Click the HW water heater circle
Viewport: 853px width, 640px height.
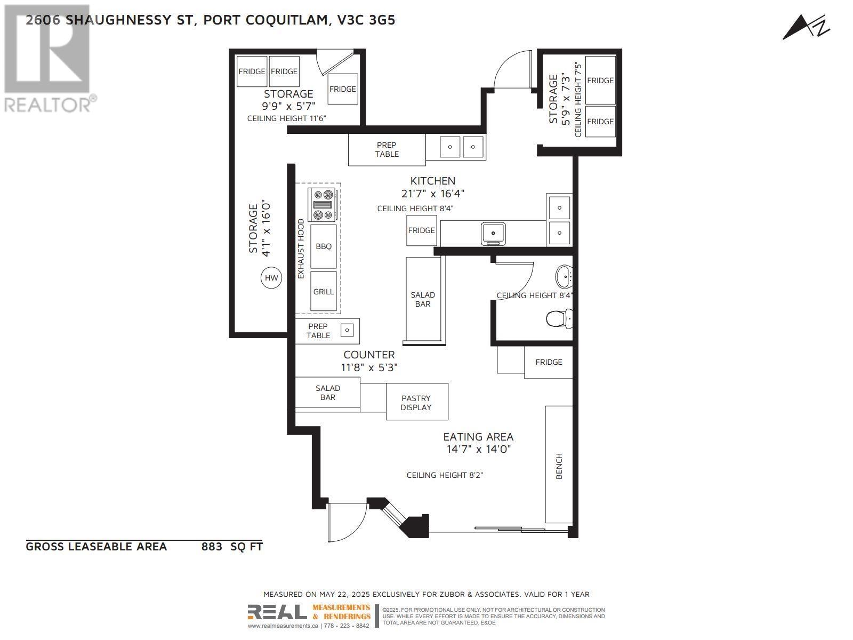click(271, 278)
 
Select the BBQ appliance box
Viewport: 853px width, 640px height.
click(323, 246)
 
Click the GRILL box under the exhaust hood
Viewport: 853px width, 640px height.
click(323, 291)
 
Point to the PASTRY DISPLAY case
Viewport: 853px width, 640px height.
click(416, 402)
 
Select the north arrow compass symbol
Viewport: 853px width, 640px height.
click(806, 27)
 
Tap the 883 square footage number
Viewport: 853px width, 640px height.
click(212, 547)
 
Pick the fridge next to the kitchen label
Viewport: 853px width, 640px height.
click(421, 230)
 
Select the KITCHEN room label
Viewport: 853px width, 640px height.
click(432, 181)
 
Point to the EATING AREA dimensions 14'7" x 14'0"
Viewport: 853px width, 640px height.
click(478, 449)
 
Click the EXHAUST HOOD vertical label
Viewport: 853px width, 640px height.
click(301, 249)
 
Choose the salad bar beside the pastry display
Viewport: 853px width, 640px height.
click(327, 393)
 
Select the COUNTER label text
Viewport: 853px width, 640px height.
click(369, 355)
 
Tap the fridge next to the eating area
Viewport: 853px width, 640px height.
click(548, 362)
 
